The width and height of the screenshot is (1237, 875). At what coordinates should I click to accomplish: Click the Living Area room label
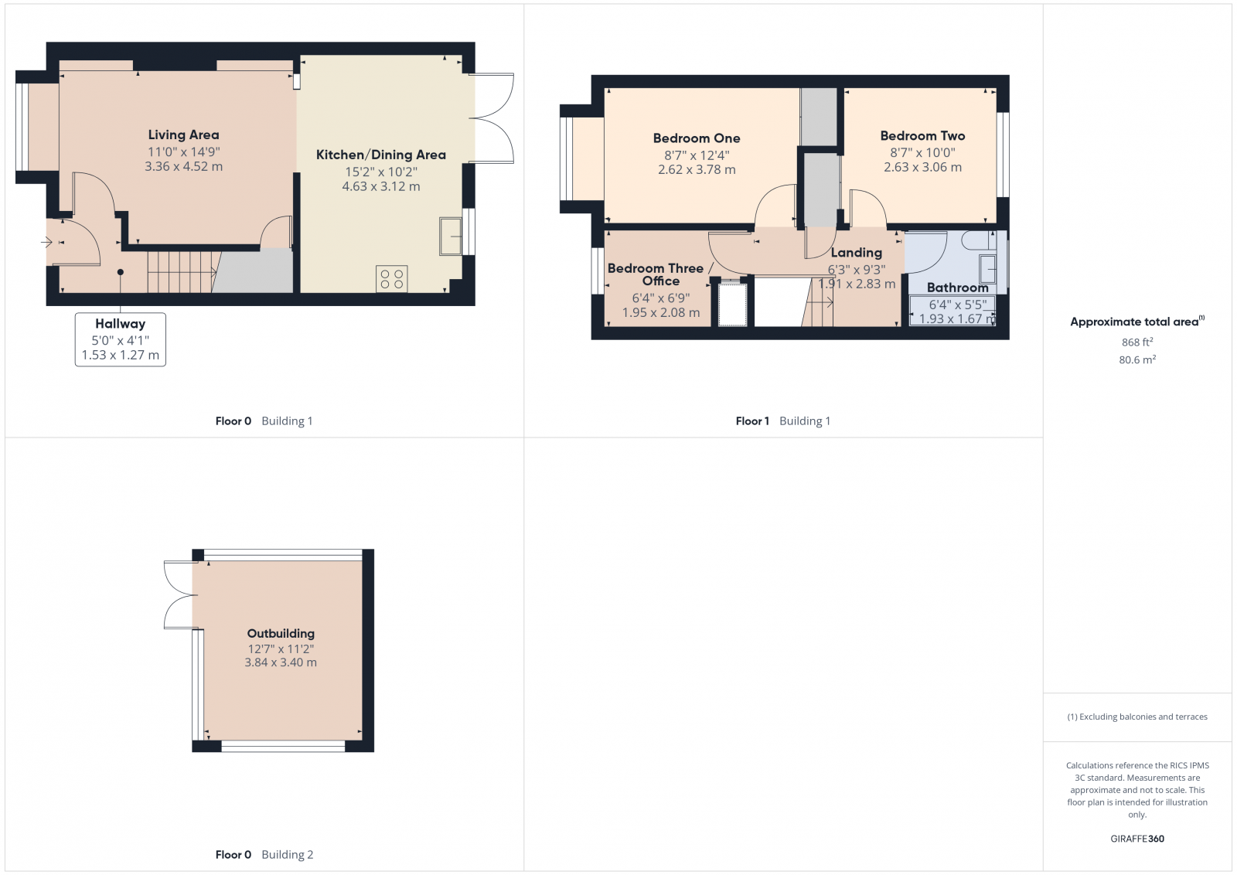(x=183, y=135)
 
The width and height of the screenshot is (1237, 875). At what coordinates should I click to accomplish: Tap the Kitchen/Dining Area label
(x=381, y=155)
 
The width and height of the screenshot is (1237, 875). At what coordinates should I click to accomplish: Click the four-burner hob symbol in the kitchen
(x=391, y=278)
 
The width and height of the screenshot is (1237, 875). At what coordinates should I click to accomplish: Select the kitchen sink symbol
(x=451, y=236)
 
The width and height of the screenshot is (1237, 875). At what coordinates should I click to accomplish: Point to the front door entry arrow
(x=46, y=242)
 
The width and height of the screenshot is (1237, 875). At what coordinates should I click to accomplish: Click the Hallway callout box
(x=121, y=339)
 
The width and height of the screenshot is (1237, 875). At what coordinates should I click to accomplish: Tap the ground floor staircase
(x=181, y=271)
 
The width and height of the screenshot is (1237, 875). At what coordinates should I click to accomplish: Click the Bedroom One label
(x=697, y=138)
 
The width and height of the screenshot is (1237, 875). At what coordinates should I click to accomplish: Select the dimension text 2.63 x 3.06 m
(x=922, y=167)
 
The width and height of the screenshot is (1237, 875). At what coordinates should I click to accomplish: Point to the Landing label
(x=856, y=253)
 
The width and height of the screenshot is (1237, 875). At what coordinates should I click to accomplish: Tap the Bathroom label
(x=957, y=288)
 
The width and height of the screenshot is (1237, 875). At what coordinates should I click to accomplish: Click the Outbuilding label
(x=281, y=633)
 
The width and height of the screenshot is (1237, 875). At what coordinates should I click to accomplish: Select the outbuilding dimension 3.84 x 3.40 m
(x=281, y=662)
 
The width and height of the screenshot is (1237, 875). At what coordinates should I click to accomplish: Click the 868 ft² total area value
(x=1137, y=342)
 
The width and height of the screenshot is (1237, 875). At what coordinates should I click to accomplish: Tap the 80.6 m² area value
(x=1137, y=359)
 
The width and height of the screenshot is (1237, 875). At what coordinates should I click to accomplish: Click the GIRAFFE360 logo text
(x=1137, y=839)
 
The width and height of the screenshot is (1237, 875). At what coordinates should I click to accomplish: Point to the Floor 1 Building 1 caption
(x=782, y=421)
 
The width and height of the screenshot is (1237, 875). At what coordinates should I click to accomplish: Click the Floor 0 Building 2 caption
(x=264, y=855)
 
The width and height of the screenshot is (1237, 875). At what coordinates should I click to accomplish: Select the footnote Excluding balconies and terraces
(x=1137, y=717)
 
